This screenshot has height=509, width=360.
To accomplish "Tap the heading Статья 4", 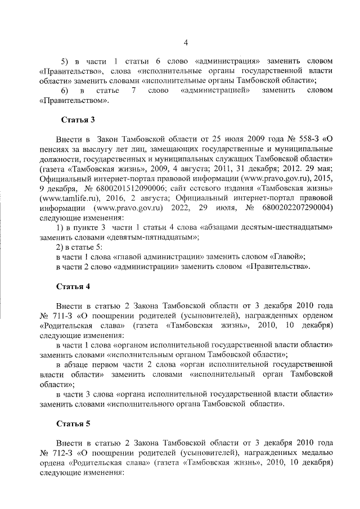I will [73, 286].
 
